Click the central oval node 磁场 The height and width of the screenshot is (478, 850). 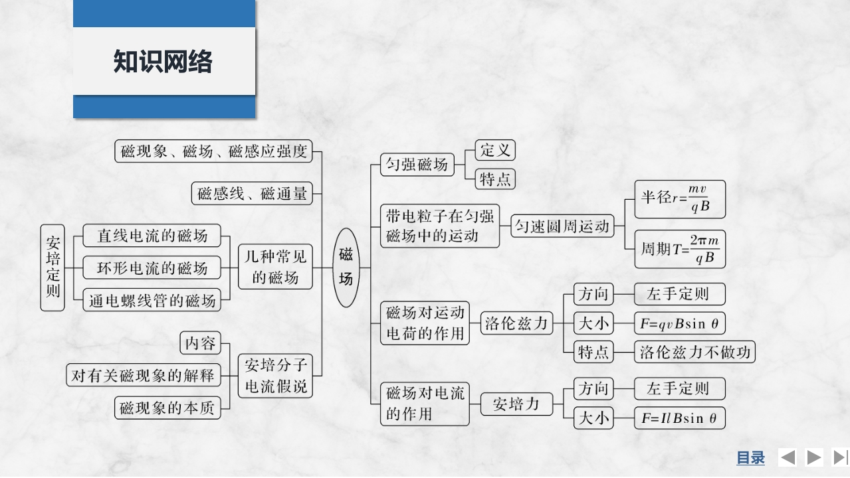point(346,267)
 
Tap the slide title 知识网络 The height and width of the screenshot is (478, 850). point(163,62)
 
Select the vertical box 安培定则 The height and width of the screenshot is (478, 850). point(53,267)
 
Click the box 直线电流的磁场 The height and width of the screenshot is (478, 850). point(152,236)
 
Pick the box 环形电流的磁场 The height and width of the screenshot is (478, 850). point(152,268)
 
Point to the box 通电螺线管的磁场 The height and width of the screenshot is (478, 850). point(152,301)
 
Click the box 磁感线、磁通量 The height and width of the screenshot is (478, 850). point(252,194)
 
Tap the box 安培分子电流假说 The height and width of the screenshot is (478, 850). point(275,376)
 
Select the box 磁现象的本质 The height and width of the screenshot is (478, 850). point(167,408)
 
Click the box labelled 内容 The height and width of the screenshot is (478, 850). point(200,343)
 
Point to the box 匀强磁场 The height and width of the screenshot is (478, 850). point(417,165)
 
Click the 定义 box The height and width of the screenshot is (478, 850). point(495,150)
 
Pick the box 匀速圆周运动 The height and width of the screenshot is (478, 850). point(562,226)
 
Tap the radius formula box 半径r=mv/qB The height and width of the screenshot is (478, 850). point(679,199)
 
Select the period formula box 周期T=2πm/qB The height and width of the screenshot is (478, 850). point(679,250)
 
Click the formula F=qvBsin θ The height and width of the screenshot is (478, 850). point(679,323)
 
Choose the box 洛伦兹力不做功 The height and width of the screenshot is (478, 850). point(694,353)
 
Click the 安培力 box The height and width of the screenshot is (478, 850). point(516,403)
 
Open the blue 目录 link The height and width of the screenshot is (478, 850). point(750,457)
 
